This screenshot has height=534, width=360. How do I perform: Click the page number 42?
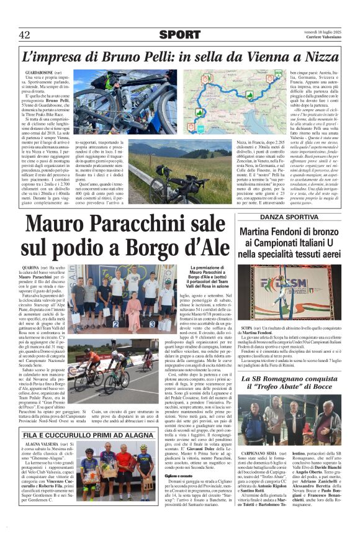[24, 35]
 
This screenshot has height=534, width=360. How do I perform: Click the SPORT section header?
[179, 35]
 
